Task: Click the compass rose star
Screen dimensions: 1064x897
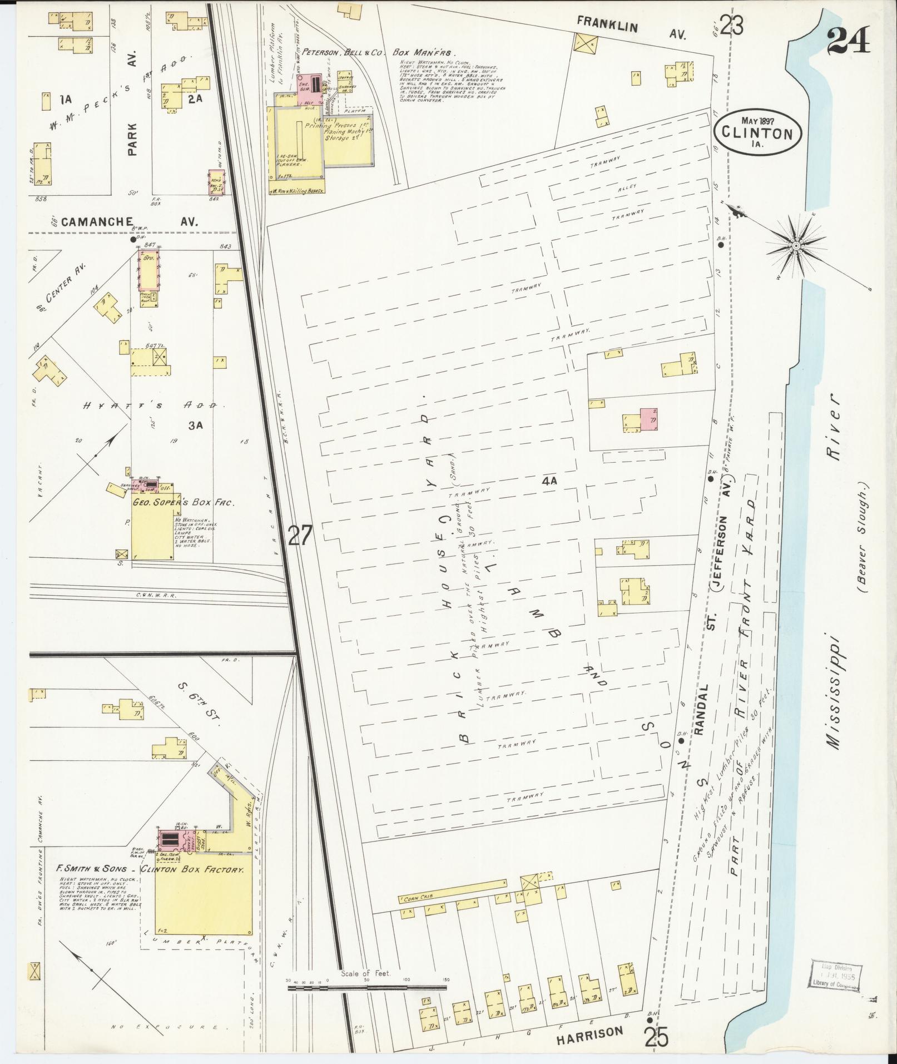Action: pos(796,245)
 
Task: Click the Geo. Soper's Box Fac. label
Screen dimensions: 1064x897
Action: pos(182,502)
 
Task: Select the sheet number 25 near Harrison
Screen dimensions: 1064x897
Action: pos(657,1036)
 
